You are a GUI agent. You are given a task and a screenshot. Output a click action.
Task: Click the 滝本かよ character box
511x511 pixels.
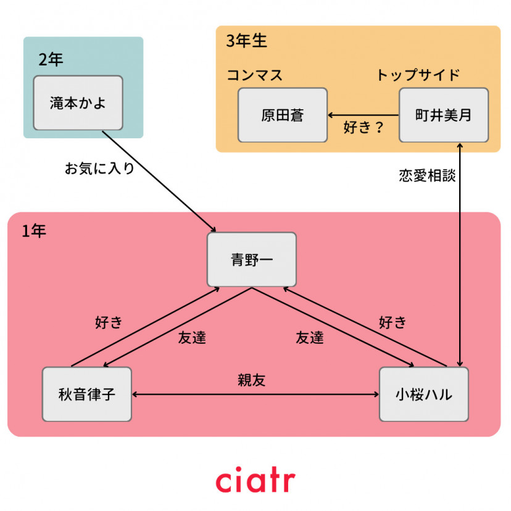[x=78, y=103]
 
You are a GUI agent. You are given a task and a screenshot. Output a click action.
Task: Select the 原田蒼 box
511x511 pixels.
[x=283, y=115]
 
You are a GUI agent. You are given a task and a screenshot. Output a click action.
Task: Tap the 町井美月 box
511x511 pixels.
[x=443, y=115]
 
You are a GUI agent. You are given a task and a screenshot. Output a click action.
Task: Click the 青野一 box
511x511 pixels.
[x=252, y=260]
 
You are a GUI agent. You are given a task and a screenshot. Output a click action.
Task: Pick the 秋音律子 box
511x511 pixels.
[x=87, y=394]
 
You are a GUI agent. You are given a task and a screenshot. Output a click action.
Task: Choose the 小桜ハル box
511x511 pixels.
[x=423, y=394]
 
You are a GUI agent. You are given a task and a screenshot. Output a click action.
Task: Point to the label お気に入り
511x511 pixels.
[x=99, y=168]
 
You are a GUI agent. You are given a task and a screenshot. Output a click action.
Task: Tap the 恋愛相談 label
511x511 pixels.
[x=427, y=176]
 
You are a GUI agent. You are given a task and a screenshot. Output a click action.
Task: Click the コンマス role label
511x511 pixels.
[x=254, y=75]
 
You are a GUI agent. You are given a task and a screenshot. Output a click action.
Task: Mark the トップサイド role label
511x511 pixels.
[x=418, y=75]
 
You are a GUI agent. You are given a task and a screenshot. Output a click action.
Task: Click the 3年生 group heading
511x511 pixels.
[x=247, y=41]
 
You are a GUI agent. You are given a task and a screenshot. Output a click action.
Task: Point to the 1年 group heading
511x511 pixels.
[x=34, y=231]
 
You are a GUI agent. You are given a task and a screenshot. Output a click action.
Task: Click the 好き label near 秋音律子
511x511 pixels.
[x=109, y=322]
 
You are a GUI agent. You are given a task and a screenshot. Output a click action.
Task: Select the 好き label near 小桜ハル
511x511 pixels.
[x=393, y=322]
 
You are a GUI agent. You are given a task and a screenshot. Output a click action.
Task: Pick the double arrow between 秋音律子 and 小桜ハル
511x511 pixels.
[x=255, y=394]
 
